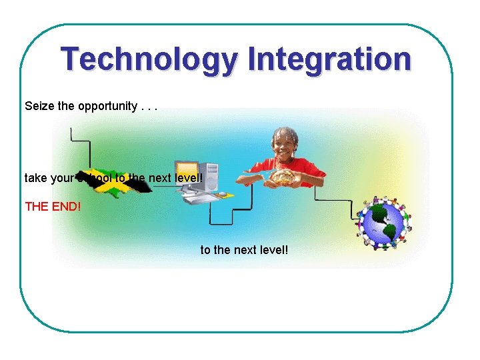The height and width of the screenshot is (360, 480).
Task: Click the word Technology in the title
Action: pyautogui.click(x=147, y=59)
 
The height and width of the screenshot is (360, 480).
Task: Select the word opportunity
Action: pyautogui.click(x=107, y=107)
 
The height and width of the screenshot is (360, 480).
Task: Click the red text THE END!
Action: pyautogui.click(x=53, y=206)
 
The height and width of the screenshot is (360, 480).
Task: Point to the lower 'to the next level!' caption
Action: pyautogui.click(x=244, y=250)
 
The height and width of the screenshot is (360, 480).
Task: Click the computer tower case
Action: pyautogui.click(x=210, y=177)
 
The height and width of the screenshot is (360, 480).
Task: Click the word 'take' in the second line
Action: pyautogui.click(x=35, y=179)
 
